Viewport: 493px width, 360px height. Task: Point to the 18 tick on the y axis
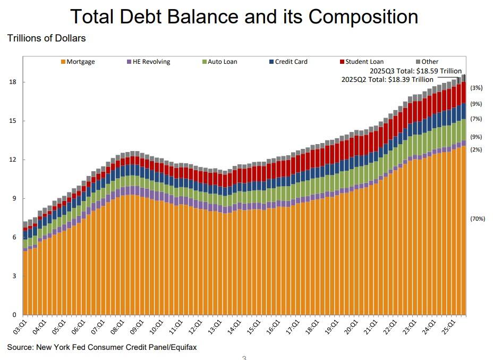click(x=13, y=82)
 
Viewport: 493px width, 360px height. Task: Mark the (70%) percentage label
click(x=478, y=218)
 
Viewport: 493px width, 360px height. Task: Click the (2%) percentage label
click(x=476, y=150)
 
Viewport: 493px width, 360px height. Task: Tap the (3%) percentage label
click(x=476, y=88)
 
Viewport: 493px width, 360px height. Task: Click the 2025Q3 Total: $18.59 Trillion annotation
click(x=415, y=71)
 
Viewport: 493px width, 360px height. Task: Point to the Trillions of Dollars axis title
click(x=46, y=38)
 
